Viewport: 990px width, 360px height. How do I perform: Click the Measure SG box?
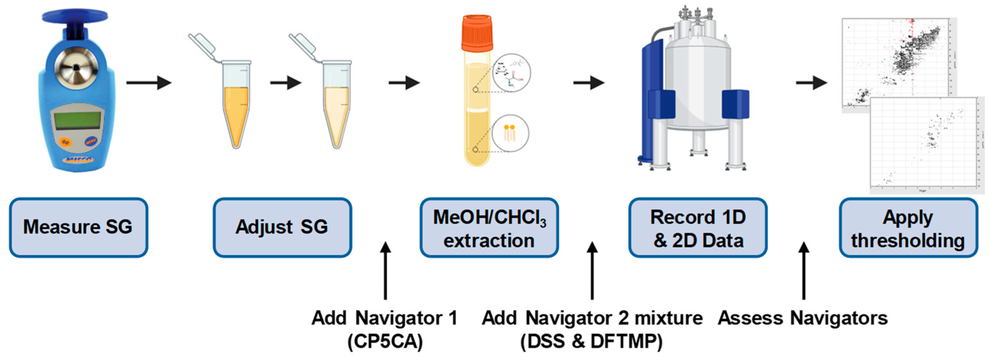[x=78, y=227]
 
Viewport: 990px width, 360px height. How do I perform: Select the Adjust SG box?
[x=282, y=227]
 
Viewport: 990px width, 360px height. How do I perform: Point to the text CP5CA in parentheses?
[x=385, y=341]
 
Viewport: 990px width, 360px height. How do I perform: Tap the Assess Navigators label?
[x=803, y=318]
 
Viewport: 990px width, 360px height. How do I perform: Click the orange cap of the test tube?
[x=477, y=33]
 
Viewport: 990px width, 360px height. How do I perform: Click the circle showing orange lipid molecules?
[x=510, y=133]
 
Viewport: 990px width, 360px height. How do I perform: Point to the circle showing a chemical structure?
[x=511, y=73]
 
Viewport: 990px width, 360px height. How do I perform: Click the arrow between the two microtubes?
[x=285, y=83]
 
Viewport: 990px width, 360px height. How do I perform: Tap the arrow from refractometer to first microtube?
[x=148, y=83]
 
